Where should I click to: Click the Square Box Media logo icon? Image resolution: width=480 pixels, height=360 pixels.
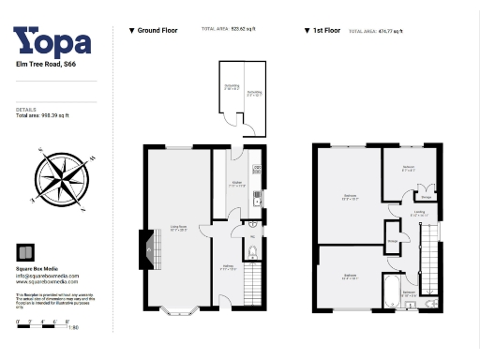pos(26,250)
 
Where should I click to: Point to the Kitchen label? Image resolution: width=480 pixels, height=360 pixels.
pos(236,184)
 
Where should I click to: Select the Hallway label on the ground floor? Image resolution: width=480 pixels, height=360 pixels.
pos(223,266)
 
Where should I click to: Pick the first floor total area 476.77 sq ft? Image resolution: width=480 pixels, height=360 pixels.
pos(375,32)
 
